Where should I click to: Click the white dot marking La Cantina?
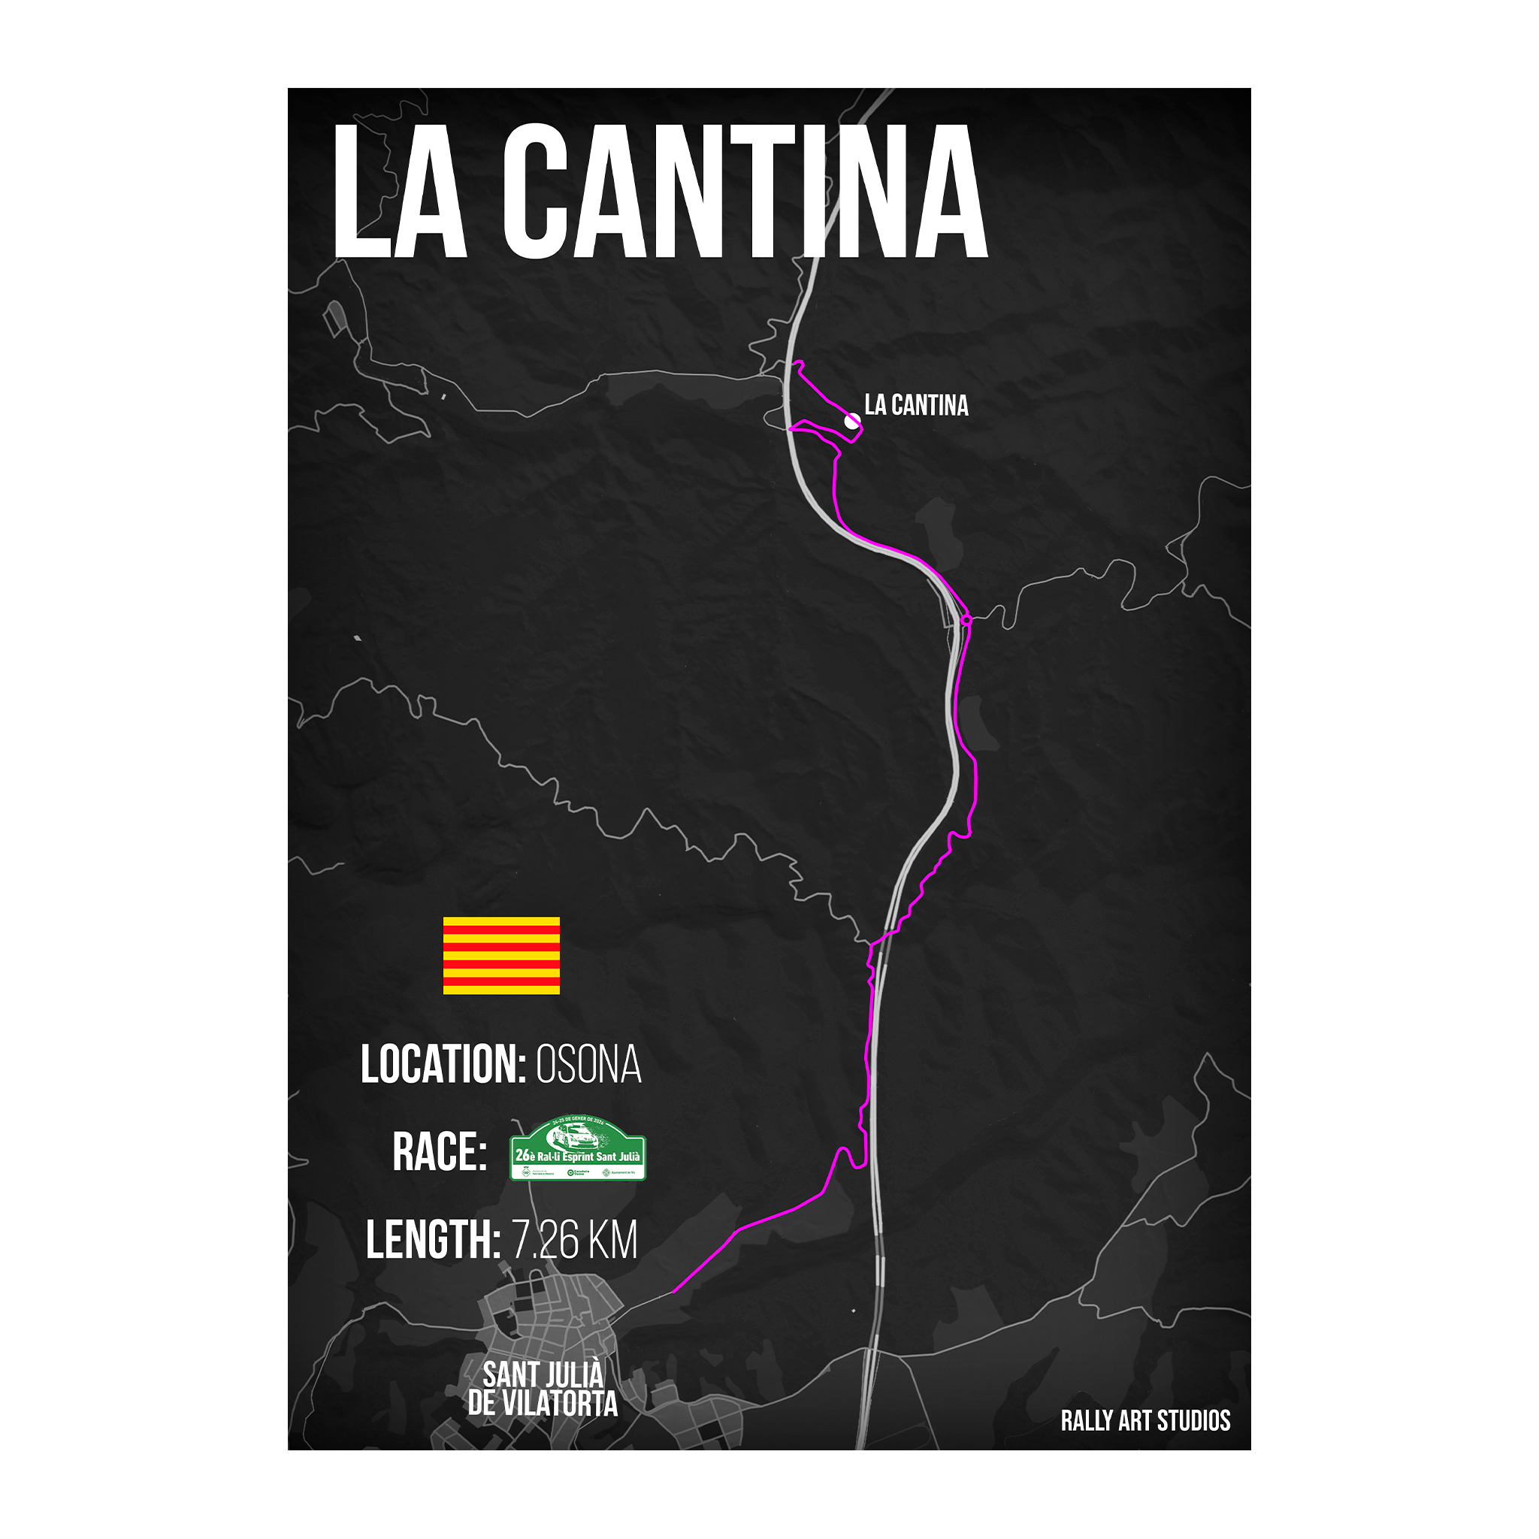pyautogui.click(x=852, y=421)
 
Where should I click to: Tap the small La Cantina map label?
pyautogui.click(x=916, y=406)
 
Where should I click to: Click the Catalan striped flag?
pyautogui.click(x=501, y=955)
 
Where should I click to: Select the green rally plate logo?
pyautogui.click(x=578, y=1148)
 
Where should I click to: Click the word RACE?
pyautogui.click(x=440, y=1152)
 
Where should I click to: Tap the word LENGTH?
pyautogui.click(x=434, y=1240)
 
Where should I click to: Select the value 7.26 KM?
pyautogui.click(x=574, y=1240)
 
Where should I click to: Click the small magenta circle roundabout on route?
pyautogui.click(x=966, y=619)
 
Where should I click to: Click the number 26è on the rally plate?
pyautogui.click(x=525, y=1155)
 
